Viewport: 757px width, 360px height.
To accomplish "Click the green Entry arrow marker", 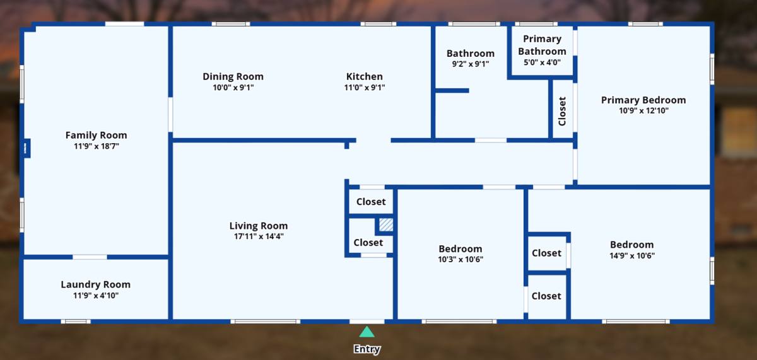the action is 367,332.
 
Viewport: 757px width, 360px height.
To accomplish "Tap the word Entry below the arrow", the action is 367,349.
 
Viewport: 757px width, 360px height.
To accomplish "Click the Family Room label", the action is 97,135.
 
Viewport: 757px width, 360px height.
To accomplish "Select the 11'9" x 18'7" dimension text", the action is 97,146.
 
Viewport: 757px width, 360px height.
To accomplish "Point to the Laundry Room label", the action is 96,284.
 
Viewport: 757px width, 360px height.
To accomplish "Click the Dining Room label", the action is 233,77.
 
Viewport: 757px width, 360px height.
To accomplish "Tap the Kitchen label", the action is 365,76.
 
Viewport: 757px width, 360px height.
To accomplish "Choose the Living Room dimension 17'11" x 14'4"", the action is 259,236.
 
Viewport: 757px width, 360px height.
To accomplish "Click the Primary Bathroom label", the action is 542,45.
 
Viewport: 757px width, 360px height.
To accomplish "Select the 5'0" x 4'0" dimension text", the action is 542,62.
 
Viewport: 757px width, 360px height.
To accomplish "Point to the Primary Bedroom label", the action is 643,100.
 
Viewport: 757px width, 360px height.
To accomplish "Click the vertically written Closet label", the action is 562,111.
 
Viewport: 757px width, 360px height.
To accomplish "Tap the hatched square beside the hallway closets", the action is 386,224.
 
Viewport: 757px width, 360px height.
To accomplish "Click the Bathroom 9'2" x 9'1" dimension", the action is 471,64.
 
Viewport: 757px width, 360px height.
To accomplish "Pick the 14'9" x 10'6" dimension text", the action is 632,255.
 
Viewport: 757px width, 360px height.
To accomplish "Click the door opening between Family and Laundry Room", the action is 90,257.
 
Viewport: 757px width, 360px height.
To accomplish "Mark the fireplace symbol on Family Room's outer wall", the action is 26,148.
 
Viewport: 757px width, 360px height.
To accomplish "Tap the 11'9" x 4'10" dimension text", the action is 96,296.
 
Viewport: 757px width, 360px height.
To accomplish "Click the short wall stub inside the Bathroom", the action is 452,91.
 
